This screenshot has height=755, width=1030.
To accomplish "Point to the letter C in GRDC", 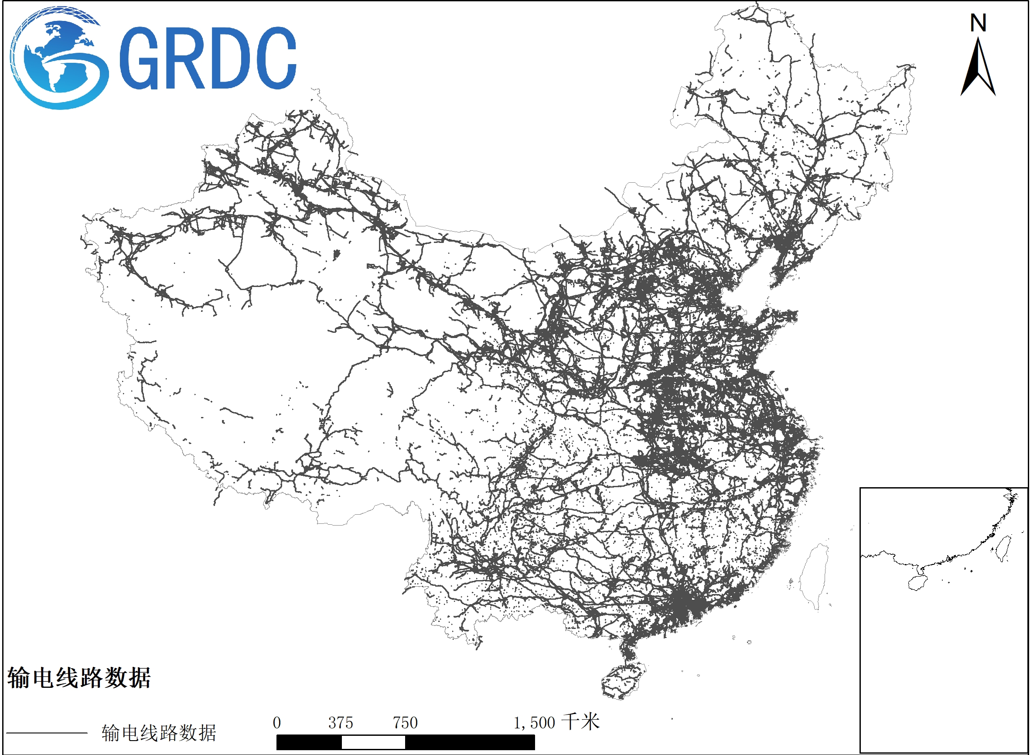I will (x=274, y=58).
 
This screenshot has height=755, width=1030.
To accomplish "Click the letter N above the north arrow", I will (x=978, y=23).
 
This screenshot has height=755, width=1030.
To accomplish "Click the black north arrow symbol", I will (x=978, y=68).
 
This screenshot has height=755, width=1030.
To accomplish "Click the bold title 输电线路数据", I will (x=78, y=677).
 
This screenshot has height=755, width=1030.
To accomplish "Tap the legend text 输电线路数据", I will (x=159, y=733).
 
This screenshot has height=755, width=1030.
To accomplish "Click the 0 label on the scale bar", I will (x=276, y=723).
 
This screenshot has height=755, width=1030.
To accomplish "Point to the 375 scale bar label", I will (x=341, y=723).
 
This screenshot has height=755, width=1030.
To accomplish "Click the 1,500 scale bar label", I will (x=534, y=723).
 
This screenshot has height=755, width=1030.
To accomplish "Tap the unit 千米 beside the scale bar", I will (x=580, y=722).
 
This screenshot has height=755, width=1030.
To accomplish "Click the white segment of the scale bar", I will (x=373, y=743).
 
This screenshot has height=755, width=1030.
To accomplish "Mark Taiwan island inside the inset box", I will (x=1003, y=548).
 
